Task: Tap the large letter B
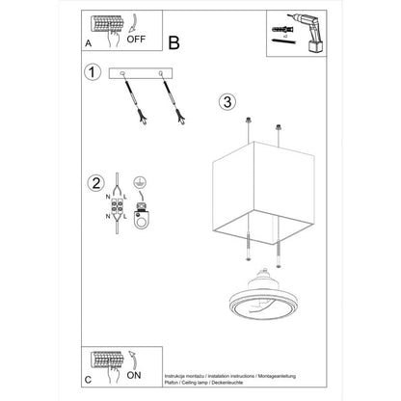point(174,42)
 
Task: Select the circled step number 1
point(93,73)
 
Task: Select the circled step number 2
point(94,183)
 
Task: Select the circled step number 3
point(227,101)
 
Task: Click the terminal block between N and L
point(116,207)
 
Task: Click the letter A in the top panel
point(89,43)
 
